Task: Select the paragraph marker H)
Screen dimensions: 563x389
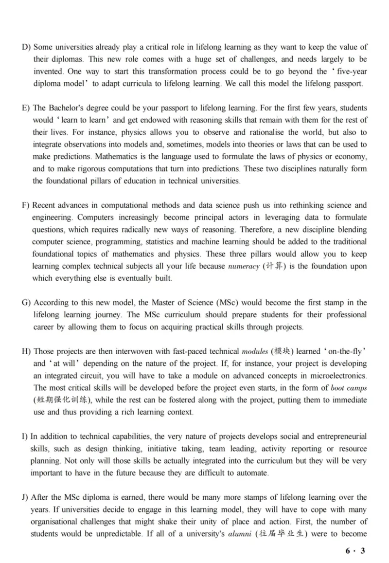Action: click(26, 351)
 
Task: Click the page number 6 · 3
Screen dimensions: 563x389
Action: click(355, 551)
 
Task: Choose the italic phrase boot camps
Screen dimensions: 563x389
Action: click(349, 388)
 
